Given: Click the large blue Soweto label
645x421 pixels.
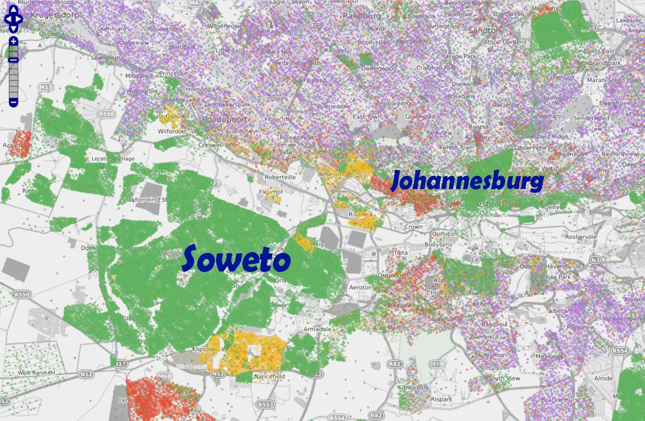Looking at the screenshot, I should pyautogui.click(x=236, y=259).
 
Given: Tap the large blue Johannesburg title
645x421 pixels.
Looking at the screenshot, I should pyautogui.click(x=467, y=181).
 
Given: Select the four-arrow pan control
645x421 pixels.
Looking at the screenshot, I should pyautogui.click(x=13, y=19).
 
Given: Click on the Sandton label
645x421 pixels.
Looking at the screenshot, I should pyautogui.click(x=484, y=31).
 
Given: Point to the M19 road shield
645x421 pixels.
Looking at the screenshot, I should pyautogui.click(x=437, y=364).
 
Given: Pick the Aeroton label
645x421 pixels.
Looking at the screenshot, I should pyautogui.click(x=360, y=287).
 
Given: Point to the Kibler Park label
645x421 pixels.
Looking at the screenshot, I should pyautogui.click(x=413, y=387).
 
